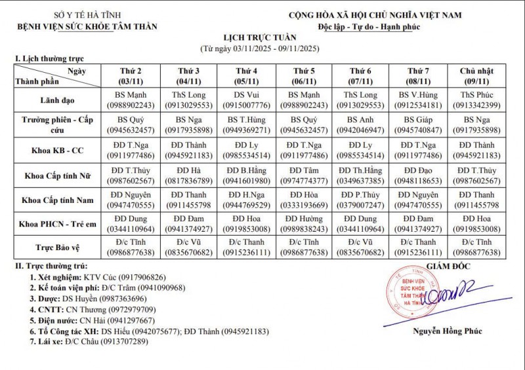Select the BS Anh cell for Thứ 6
[360, 124]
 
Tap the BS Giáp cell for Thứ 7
[418, 124]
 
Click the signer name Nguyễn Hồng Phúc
[446, 331]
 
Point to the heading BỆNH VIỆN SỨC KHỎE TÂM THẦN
[88, 26]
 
